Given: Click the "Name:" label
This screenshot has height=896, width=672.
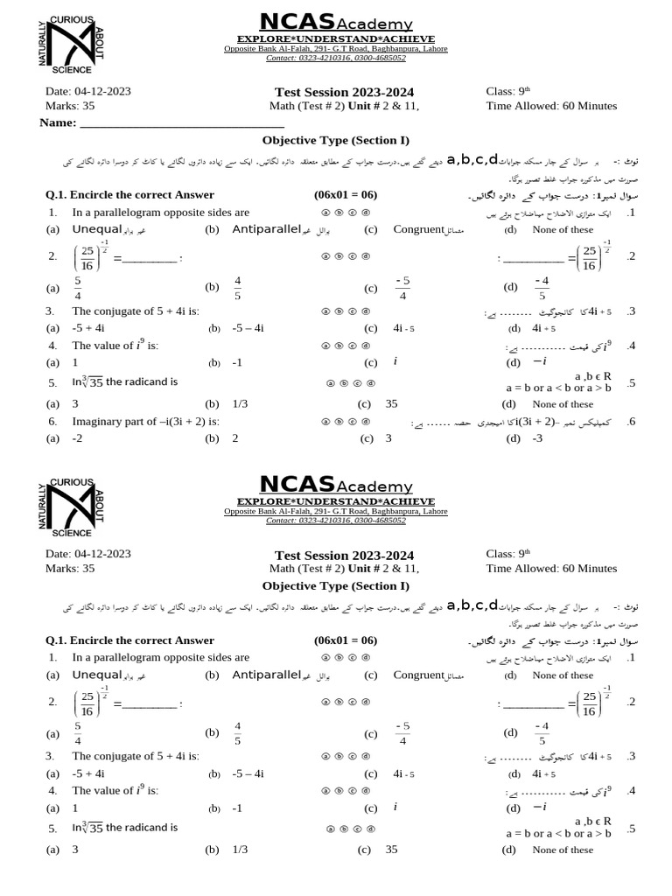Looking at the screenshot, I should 58,122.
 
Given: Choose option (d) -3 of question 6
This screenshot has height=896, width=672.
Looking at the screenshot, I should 537,438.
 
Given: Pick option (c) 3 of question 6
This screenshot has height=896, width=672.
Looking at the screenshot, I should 388,438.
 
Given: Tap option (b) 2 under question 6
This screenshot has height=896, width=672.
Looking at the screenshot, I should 235,438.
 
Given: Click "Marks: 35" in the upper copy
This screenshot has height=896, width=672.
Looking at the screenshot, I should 70,106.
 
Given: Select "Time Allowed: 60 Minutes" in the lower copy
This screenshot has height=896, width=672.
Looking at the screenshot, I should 551,569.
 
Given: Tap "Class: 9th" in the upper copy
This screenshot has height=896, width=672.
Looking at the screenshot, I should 508,91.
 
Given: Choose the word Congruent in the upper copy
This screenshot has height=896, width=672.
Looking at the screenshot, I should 418,229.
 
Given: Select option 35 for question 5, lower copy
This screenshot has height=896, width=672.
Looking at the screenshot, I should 391,849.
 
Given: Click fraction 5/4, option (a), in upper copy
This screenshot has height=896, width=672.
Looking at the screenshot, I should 78,287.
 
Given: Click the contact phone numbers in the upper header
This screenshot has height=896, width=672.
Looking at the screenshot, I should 336,58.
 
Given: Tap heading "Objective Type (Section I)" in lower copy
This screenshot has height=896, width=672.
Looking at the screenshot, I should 336,585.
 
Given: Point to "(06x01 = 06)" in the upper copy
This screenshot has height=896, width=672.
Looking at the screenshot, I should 345,194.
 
